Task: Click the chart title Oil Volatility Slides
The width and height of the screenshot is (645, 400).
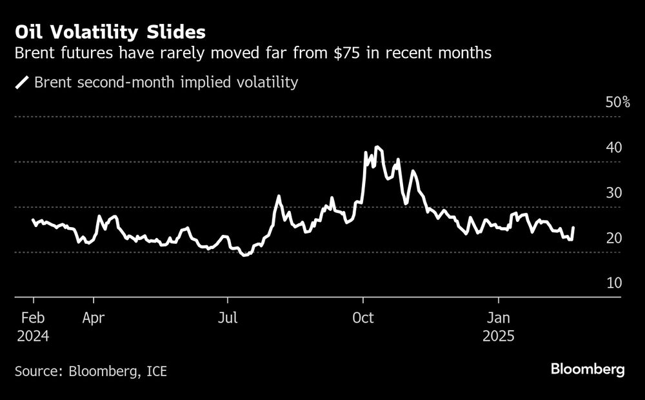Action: click(111, 32)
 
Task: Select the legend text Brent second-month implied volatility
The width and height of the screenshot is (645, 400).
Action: click(166, 83)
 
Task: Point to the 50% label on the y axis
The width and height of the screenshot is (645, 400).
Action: click(617, 103)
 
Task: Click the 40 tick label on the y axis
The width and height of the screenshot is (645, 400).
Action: click(614, 148)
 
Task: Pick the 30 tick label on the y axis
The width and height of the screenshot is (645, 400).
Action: click(614, 193)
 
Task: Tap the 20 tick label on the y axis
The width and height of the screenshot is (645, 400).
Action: click(614, 238)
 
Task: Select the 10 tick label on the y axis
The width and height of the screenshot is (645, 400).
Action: click(614, 283)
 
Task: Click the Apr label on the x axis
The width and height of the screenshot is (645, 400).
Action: click(94, 318)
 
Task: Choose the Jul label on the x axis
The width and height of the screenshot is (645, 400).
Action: click(227, 318)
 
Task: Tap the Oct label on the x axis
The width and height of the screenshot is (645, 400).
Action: click(363, 318)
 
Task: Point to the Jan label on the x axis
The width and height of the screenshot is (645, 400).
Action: click(498, 318)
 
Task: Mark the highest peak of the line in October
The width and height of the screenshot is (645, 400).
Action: click(377, 148)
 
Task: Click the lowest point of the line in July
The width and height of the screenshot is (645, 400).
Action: click(243, 255)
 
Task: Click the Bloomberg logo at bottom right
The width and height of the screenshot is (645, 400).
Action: click(588, 370)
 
